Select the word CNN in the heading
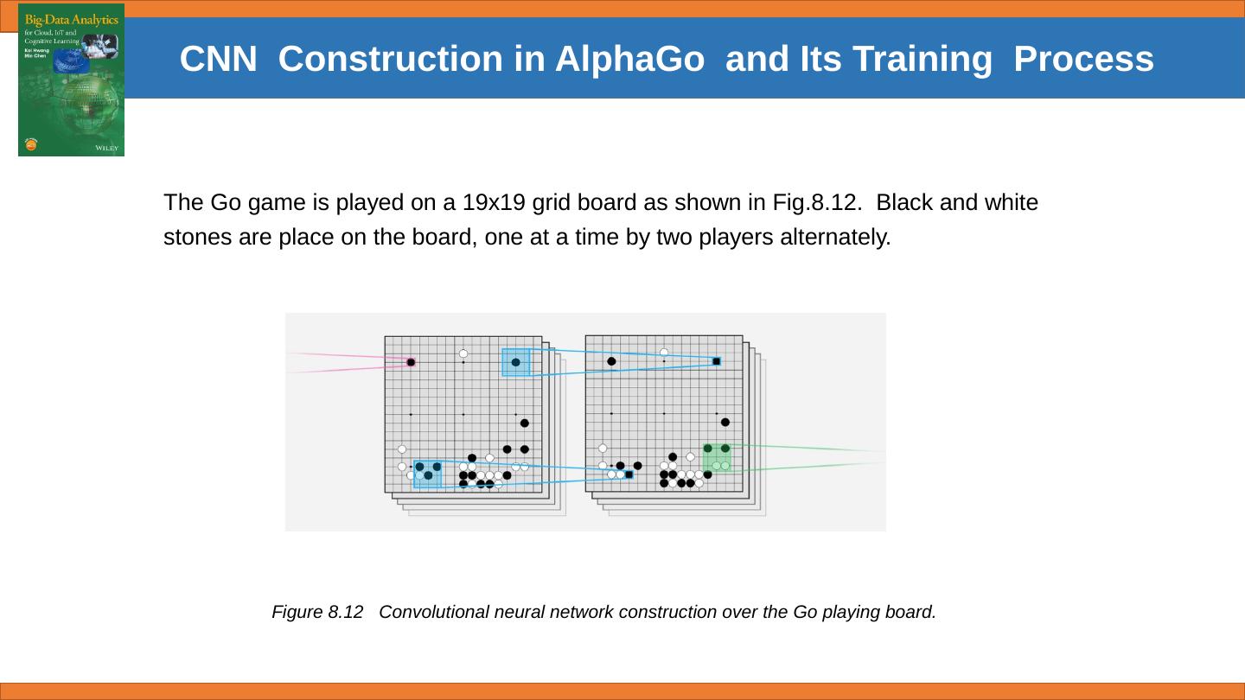218,59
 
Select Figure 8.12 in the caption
317,612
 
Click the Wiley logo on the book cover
107,149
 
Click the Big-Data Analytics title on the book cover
71,20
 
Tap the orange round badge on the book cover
32,144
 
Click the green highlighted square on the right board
716,458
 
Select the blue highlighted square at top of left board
516,362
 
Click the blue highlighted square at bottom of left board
427,474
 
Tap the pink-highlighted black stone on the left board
411,362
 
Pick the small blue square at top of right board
717,361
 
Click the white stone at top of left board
463,353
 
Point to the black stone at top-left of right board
611,361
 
